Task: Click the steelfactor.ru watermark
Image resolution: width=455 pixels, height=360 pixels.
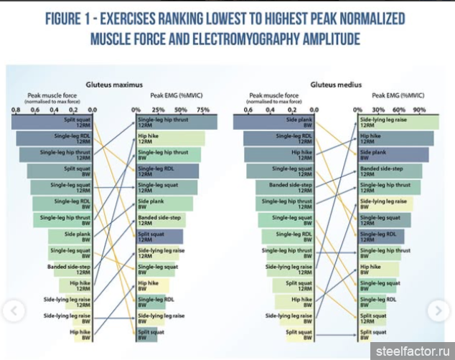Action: (412, 351)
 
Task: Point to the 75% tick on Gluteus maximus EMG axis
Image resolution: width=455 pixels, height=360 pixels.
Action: (203, 110)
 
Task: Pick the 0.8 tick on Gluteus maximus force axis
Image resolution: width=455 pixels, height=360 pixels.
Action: (15, 110)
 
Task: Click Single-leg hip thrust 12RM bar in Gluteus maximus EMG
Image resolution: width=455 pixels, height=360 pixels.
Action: (176, 123)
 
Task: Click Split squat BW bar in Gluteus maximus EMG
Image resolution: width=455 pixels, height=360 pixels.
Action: (146, 335)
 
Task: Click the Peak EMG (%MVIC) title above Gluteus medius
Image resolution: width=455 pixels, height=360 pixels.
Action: (398, 95)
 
